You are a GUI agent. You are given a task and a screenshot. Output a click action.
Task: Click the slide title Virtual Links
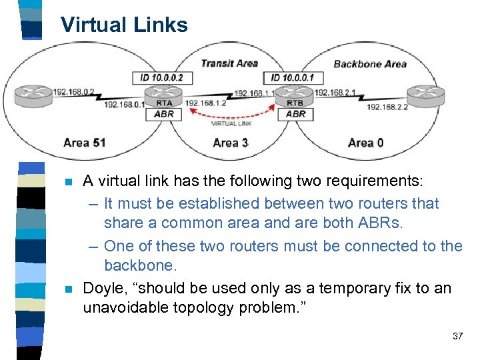tap(124, 25)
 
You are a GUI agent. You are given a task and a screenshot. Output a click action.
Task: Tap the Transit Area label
tap(229, 63)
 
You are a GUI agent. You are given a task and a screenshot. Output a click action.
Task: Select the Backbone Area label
tap(369, 64)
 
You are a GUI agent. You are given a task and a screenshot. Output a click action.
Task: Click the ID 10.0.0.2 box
tap(161, 78)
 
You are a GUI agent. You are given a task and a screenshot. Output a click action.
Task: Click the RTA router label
tap(164, 103)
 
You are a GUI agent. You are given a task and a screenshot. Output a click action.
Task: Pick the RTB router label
tap(295, 103)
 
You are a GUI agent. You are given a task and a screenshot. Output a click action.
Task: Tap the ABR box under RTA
tap(164, 114)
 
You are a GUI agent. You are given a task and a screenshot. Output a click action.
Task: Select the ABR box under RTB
tap(295, 114)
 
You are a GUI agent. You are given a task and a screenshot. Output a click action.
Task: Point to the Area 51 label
tap(85, 142)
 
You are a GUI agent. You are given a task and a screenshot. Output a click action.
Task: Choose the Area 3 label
tap(231, 142)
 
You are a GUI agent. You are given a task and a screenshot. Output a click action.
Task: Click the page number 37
tap(457, 336)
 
